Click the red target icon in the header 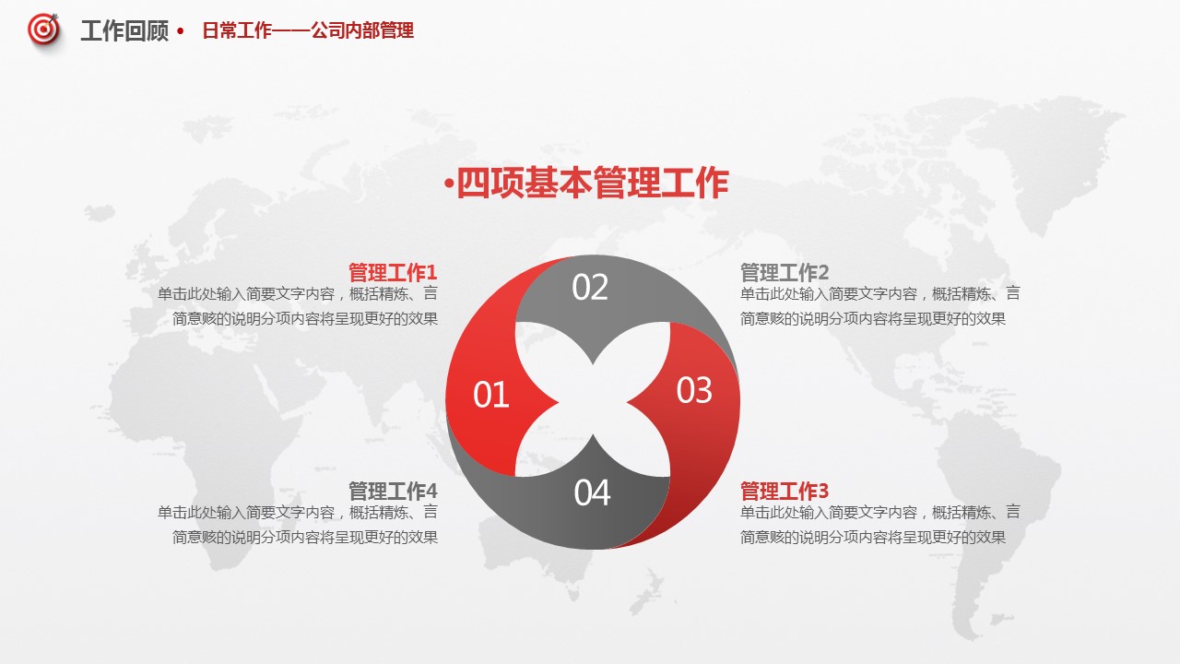point(43,30)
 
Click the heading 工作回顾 point(124,31)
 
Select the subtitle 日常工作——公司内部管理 point(308,30)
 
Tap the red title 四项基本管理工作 point(592,183)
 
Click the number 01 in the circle point(491,395)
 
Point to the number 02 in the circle point(590,287)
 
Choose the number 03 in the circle point(694,390)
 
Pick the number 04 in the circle point(592,492)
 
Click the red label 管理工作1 point(393,272)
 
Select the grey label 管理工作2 point(785,272)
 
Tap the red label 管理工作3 point(785,492)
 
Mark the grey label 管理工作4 point(393,492)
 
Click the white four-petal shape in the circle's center point(593,399)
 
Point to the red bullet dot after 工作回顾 point(181,31)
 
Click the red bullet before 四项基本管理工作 point(449,184)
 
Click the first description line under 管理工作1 point(298,293)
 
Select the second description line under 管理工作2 point(873,318)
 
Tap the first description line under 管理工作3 point(879,512)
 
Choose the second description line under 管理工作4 point(305,537)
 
